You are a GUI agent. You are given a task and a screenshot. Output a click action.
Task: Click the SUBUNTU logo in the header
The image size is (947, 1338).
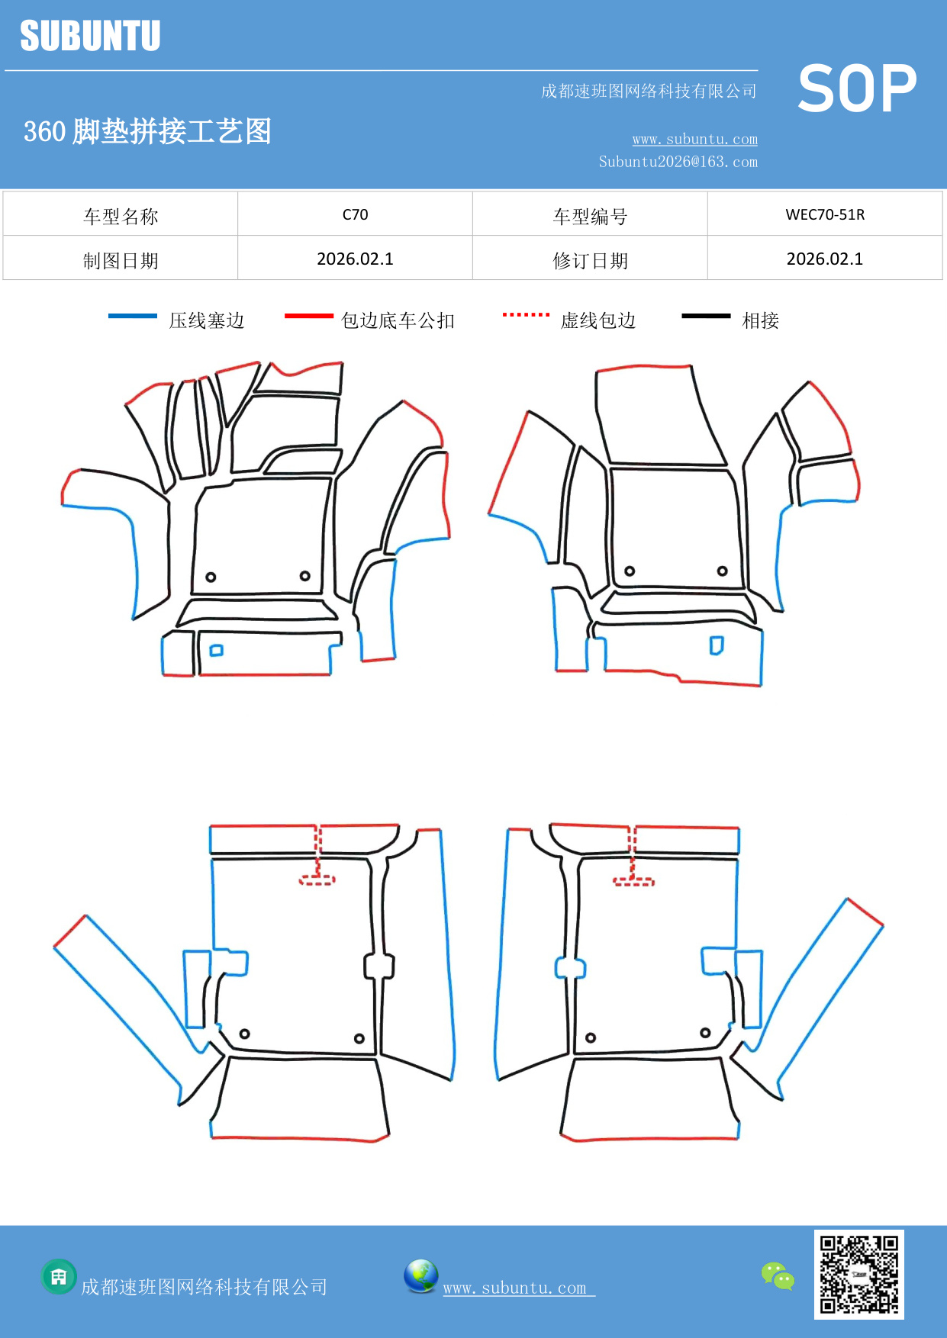[90, 36]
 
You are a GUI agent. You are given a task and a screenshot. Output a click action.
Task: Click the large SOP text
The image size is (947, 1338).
[856, 88]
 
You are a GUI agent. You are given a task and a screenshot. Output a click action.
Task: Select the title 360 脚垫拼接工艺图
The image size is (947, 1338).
[147, 131]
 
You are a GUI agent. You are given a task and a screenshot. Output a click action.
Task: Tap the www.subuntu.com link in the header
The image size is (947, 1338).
[694, 139]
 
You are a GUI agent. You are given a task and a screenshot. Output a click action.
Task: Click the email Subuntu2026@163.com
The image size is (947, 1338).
[678, 162]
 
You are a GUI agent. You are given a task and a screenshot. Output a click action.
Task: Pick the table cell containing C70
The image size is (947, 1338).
[355, 214]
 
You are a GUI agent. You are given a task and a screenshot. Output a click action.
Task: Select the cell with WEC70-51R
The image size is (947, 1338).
[825, 214]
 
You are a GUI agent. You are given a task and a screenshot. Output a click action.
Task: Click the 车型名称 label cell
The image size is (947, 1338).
[121, 216]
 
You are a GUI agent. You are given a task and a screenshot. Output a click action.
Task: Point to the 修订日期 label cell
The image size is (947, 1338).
[590, 260]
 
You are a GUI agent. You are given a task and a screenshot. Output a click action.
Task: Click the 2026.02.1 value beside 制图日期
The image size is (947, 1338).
[355, 259]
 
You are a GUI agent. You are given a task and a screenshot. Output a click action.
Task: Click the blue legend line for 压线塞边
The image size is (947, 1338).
[132, 316]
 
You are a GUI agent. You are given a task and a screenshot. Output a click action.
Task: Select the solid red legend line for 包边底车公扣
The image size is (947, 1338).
[308, 316]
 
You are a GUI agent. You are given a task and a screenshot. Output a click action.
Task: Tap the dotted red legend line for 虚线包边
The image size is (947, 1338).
[526, 314]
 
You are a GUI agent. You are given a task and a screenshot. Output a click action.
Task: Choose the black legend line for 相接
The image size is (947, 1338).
[706, 316]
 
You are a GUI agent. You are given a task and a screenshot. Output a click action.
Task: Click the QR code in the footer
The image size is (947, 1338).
[858, 1275]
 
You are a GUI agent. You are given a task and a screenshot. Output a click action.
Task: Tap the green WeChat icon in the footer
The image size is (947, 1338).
[778, 1276]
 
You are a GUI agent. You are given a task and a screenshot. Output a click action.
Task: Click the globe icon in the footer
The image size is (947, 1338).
[420, 1276]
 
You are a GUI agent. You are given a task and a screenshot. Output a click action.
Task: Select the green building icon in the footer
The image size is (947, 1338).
[59, 1277]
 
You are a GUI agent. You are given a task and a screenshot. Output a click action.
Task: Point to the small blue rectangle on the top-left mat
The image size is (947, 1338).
[217, 651]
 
